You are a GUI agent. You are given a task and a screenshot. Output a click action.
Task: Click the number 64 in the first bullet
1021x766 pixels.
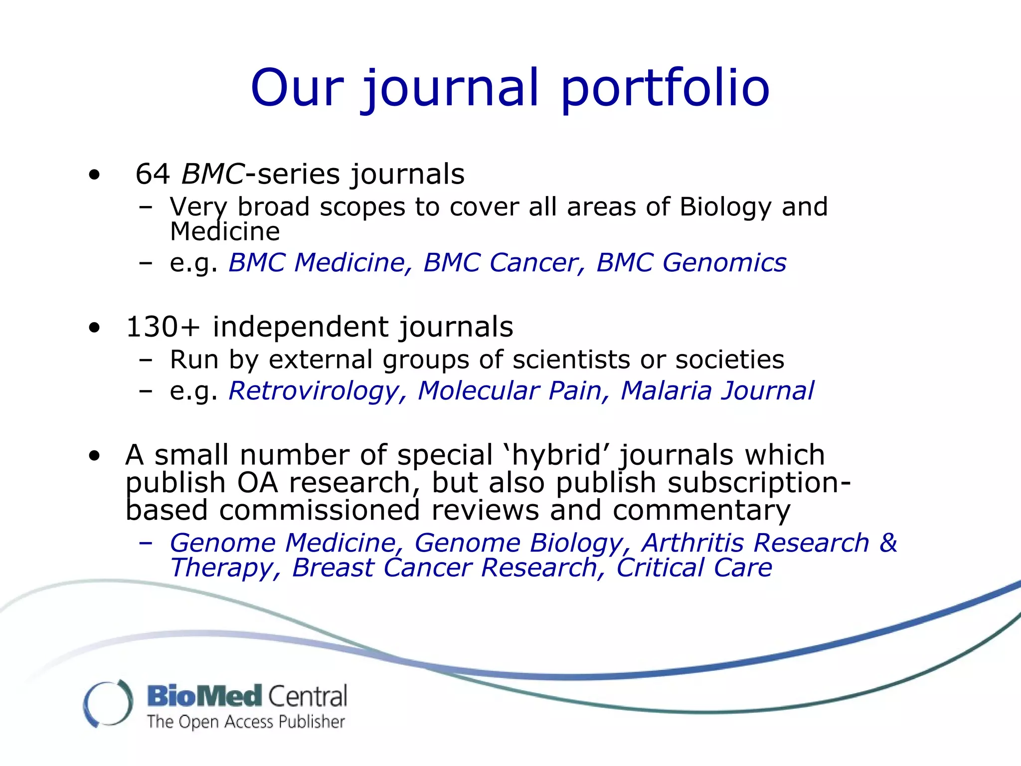(153, 175)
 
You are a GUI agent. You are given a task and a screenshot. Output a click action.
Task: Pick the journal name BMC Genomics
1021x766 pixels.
(691, 263)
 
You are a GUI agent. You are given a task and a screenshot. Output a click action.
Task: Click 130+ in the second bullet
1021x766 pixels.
(163, 327)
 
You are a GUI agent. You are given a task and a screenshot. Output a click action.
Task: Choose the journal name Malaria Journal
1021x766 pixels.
(717, 390)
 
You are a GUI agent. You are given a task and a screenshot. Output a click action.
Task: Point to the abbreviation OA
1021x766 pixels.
(257, 483)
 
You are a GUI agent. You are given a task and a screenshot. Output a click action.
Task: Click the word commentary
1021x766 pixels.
(701, 511)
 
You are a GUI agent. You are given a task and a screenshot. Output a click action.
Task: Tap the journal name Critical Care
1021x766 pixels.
(694, 568)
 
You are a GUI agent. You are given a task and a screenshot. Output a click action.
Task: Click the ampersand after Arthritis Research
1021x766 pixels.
(888, 543)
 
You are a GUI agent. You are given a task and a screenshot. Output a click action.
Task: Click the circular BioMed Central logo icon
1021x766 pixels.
(108, 703)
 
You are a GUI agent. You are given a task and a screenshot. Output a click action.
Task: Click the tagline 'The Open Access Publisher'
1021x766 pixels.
(246, 722)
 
